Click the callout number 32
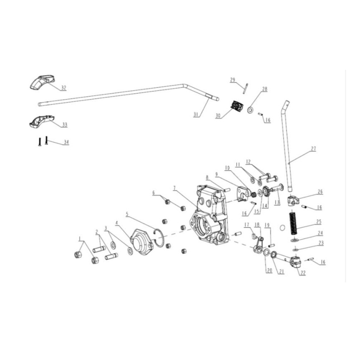63,88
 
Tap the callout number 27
313,148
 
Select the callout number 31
195,115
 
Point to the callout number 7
174,188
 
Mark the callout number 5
127,214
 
